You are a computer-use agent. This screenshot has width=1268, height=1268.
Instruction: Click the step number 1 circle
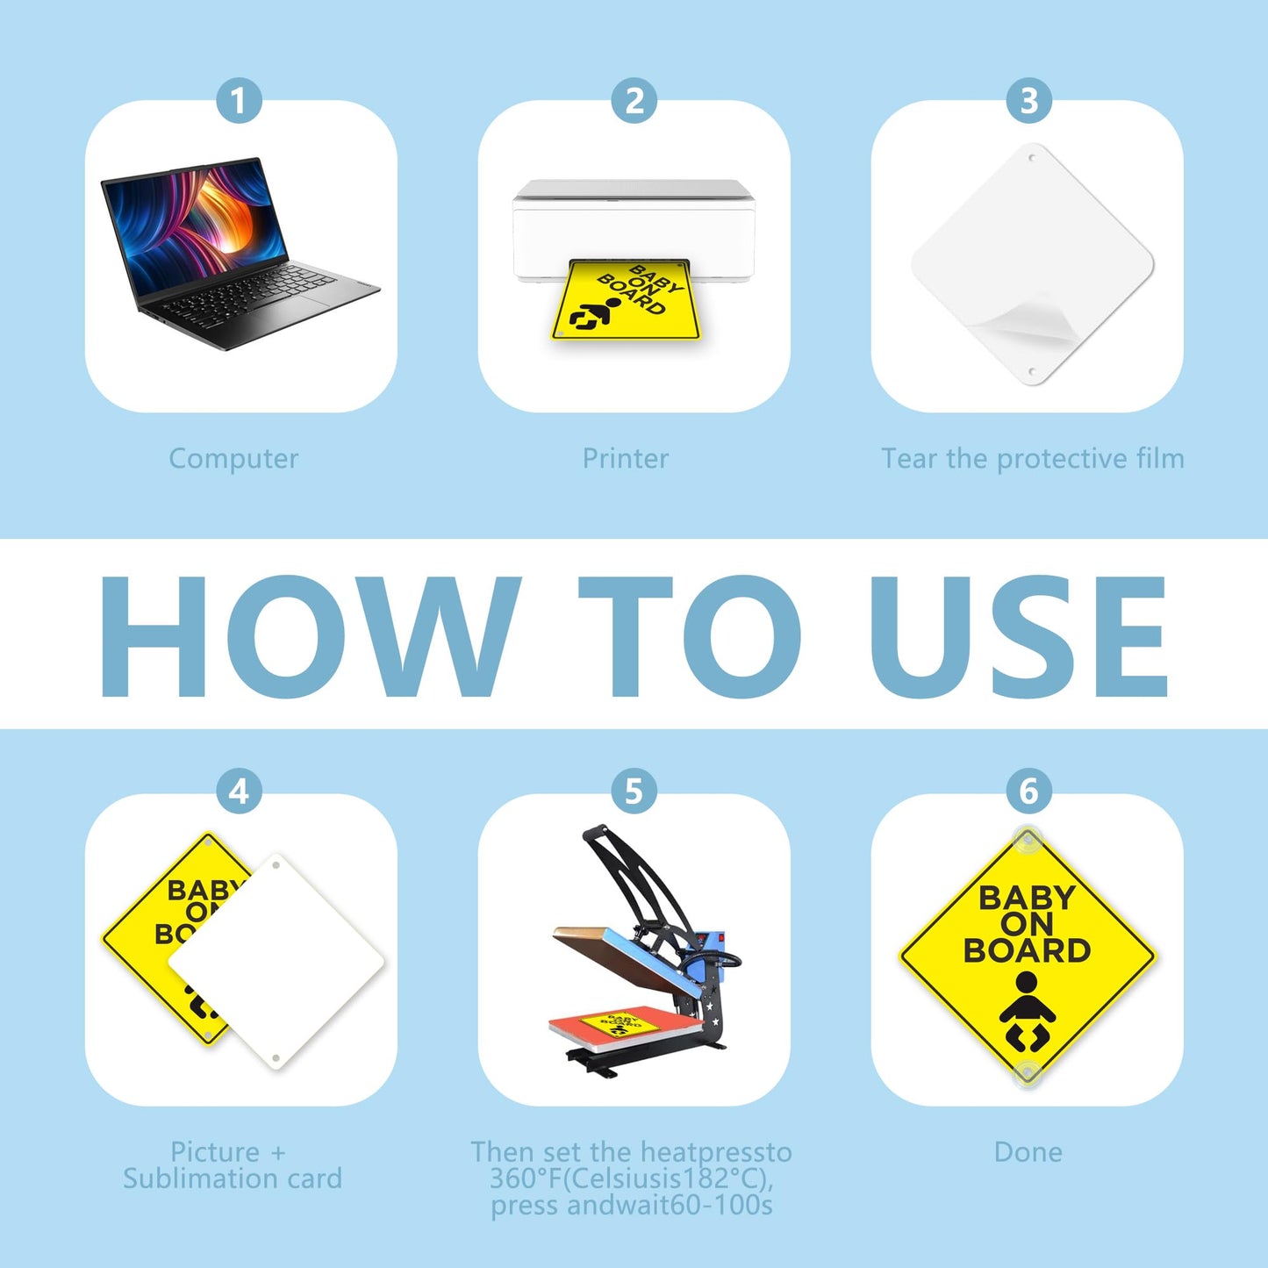239,101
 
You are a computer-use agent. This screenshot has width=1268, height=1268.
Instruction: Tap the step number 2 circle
634,101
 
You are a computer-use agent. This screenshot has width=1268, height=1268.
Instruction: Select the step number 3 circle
1028,101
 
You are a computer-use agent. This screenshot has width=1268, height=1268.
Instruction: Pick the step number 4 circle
239,791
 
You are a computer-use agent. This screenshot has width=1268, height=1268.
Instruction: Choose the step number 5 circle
634,791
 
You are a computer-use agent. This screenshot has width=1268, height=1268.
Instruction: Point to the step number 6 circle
1028,791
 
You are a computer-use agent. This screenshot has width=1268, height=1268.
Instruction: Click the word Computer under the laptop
233,459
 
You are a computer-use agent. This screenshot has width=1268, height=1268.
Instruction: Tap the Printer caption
626,458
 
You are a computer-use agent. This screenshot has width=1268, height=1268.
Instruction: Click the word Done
1028,1152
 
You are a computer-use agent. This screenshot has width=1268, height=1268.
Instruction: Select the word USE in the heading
1018,635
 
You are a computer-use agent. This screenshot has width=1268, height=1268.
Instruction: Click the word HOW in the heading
310,635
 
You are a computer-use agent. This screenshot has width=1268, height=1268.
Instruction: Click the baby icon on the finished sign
1027,1013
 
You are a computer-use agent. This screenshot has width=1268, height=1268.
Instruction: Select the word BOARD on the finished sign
1028,951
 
